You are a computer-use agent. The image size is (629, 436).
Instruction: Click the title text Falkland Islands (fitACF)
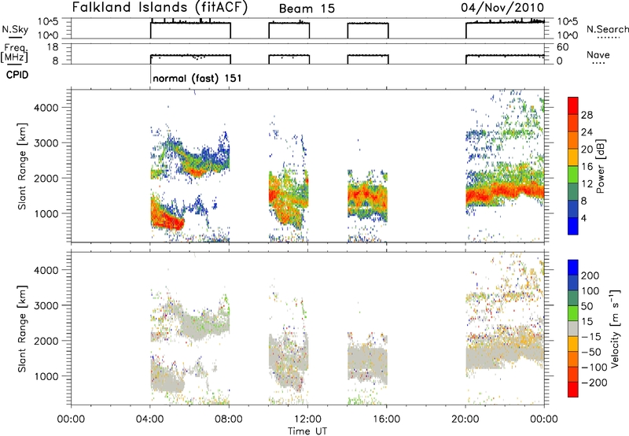[x=160, y=7]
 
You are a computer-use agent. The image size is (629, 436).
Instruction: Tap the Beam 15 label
[x=307, y=9]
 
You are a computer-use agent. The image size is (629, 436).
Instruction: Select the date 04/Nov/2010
[x=502, y=8]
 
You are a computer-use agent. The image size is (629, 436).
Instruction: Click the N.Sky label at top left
[x=15, y=29]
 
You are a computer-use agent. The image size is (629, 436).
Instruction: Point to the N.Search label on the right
[x=608, y=29]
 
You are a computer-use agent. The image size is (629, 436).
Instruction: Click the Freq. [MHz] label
[x=14, y=53]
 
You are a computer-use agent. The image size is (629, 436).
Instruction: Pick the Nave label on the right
[x=598, y=54]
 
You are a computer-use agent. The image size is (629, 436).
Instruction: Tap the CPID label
[x=17, y=75]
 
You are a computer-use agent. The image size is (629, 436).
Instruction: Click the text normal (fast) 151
[x=197, y=78]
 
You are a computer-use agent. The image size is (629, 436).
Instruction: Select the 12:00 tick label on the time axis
[x=307, y=419]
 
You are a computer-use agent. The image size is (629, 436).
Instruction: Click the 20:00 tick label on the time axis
[x=465, y=419]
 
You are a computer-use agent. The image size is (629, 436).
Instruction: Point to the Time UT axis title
[x=307, y=431]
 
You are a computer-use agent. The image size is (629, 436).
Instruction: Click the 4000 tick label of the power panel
[x=47, y=108]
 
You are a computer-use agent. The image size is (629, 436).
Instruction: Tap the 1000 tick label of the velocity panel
[x=47, y=376]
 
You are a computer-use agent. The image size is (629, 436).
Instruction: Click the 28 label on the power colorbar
[x=587, y=115]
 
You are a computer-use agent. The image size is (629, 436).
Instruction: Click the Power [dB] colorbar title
[x=600, y=166]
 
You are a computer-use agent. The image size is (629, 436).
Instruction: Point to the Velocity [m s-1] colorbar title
[x=615, y=328]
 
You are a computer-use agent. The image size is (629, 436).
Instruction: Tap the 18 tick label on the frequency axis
[x=53, y=47]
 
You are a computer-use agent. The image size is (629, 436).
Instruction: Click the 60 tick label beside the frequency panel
[x=563, y=47]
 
